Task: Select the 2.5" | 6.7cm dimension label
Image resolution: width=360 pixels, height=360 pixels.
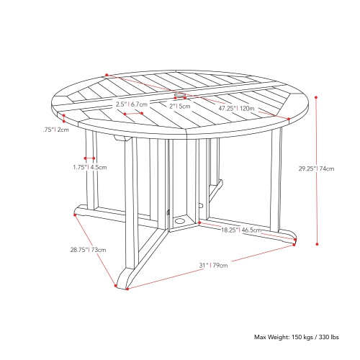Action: [x=132, y=105]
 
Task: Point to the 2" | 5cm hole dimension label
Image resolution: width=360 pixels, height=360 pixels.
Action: [x=180, y=106]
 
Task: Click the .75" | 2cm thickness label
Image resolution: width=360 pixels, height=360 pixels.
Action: [x=54, y=130]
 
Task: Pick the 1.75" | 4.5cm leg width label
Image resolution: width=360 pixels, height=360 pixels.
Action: [x=90, y=167]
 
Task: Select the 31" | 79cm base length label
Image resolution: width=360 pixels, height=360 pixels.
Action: [x=213, y=266]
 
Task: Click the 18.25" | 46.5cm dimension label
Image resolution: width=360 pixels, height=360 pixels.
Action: [x=240, y=230]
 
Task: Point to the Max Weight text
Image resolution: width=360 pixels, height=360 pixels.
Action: [x=295, y=337]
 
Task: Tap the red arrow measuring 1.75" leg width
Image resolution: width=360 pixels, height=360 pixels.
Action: [x=90, y=158]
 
